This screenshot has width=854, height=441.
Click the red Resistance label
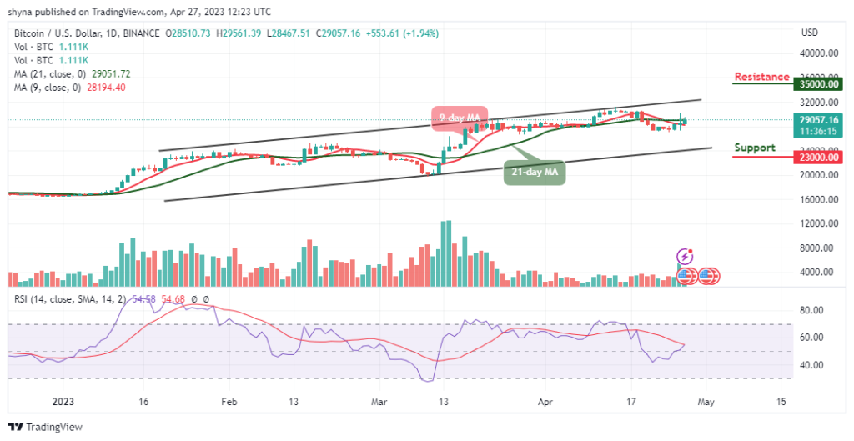point(761,77)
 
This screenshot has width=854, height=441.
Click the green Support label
point(754,148)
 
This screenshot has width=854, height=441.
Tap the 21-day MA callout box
point(535,173)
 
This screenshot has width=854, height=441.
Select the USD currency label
point(808,33)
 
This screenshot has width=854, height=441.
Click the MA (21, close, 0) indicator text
point(72,73)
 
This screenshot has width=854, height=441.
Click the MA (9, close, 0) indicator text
point(69,87)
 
